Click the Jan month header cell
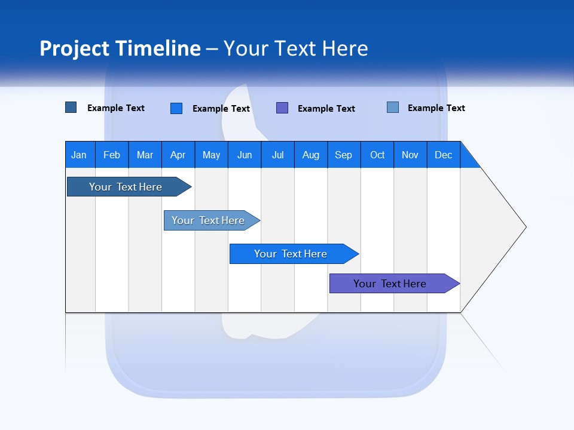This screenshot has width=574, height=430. coord(79,155)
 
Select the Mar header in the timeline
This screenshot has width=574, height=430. coord(145,155)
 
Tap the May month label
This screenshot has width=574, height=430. coord(211,155)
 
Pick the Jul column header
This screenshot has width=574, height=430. coord(277,155)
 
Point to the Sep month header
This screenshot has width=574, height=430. coord(343,155)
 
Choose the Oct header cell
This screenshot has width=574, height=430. coord(377,155)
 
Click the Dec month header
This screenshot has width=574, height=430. coord(443,155)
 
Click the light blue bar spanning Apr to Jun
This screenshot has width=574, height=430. coord(208,220)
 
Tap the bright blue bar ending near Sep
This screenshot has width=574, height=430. coord(291,254)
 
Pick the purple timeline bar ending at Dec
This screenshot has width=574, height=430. coord(390,284)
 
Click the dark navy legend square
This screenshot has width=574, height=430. coord(71,107)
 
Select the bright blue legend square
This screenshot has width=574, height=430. coord(176,108)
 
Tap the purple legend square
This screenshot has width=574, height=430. coord(282,108)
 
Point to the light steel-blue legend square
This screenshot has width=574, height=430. coord(393,107)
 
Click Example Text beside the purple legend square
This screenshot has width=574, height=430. coord(326,109)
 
